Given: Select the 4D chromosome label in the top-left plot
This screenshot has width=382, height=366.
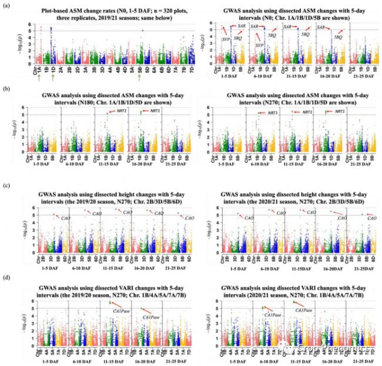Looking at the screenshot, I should (x=123, y=68).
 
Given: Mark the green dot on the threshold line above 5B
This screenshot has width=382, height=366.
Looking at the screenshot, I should (x=142, y=31).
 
